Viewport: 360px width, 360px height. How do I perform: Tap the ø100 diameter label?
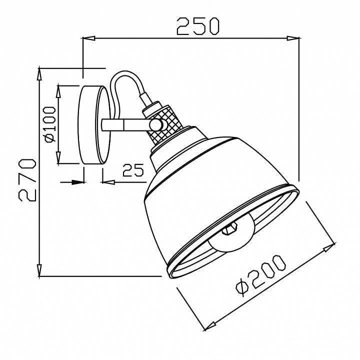click(49, 124)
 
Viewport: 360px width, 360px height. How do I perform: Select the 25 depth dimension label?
click(132, 171)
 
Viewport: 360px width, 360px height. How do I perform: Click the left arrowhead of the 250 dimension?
click(87, 38)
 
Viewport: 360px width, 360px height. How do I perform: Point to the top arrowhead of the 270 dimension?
click(39, 72)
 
